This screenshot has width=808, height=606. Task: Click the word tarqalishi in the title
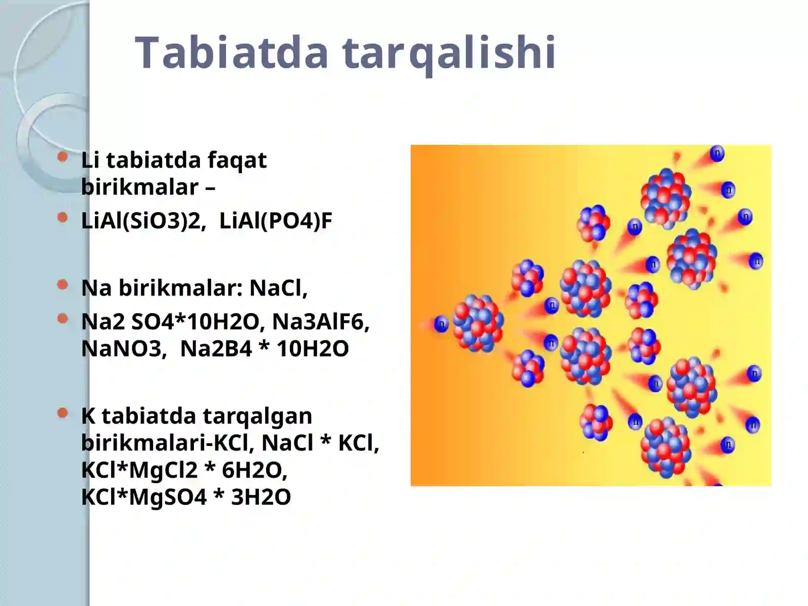449,53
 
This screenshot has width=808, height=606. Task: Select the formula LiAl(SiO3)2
141,221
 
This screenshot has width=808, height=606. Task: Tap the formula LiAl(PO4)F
276,221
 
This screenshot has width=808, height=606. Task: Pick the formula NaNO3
121,348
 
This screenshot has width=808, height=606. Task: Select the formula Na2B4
216,348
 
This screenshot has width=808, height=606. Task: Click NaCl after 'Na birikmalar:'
277,288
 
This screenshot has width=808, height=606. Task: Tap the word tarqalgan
257,416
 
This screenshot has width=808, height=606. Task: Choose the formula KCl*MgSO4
143,497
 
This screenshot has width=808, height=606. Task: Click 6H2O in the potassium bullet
254,470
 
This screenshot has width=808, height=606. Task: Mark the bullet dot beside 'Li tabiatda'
63,157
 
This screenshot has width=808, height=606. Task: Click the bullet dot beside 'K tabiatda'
63,413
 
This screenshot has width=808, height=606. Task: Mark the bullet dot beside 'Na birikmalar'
63,285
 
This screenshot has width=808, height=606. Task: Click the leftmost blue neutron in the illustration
441,324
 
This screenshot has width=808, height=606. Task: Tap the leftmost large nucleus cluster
478,324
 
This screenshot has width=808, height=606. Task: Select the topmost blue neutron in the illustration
717,153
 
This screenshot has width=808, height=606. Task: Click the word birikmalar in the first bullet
140,187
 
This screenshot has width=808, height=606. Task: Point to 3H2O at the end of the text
261,497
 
